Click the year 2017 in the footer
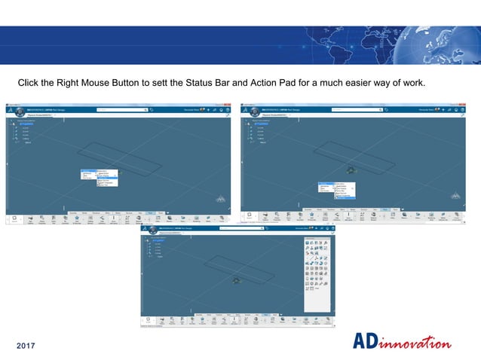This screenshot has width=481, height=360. [27, 346]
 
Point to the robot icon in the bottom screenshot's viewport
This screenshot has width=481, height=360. [237, 280]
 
